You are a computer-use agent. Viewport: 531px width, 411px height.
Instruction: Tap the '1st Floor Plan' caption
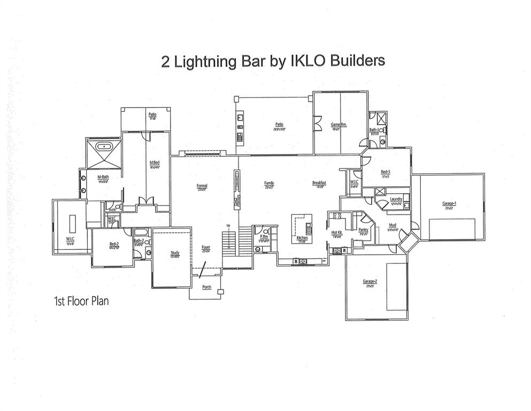[81, 301]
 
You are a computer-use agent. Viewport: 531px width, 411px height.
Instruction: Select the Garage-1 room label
[449, 203]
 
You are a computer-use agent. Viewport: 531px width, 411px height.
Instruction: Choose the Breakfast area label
[319, 182]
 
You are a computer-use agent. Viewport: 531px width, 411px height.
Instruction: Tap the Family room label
[269, 183]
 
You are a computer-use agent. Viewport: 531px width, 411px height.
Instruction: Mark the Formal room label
[202, 186]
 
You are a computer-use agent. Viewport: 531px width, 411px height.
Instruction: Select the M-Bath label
[103, 177]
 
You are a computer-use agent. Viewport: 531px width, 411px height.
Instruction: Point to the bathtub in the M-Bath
[102, 146]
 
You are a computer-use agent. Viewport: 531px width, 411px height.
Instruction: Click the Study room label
[175, 252]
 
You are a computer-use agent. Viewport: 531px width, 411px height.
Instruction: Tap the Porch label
[206, 287]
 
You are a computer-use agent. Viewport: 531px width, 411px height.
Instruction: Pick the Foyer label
[206, 247]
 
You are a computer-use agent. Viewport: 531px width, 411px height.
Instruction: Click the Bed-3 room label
[385, 172]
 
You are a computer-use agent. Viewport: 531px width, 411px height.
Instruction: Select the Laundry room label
[396, 199]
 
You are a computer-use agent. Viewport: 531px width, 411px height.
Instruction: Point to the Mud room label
[393, 225]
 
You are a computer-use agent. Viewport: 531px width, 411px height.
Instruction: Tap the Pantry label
[363, 229]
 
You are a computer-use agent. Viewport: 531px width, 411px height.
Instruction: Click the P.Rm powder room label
[264, 236]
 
